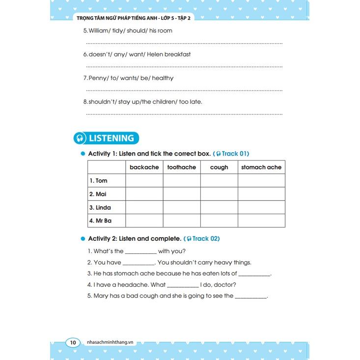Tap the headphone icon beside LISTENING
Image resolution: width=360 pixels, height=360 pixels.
point(80,138)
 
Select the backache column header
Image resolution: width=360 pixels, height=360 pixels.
point(144,167)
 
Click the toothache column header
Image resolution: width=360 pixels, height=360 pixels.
point(181,167)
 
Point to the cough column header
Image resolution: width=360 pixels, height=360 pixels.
point(219,167)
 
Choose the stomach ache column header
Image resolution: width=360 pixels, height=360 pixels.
point(261,167)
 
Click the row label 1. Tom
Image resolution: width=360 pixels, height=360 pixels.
point(98,181)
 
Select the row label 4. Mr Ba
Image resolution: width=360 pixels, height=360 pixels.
point(100,221)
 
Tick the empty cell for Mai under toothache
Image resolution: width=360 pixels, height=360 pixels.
point(181,194)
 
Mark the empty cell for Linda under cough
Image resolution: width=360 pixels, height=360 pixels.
point(219,207)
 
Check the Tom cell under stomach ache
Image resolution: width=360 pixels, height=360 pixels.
point(261,181)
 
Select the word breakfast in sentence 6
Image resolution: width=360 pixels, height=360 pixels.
point(177,54)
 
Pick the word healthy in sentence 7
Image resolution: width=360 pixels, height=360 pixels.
point(163,78)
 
